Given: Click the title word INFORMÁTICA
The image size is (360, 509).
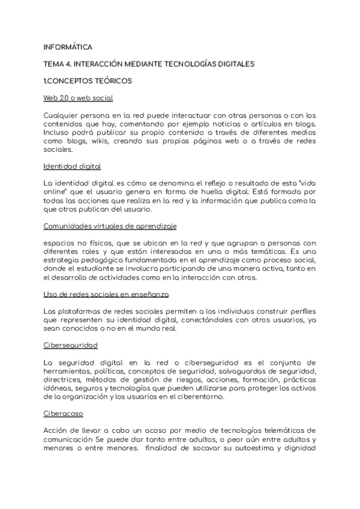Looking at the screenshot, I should click(68, 46).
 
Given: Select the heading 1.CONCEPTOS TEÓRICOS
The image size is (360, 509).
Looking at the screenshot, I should click(88, 80).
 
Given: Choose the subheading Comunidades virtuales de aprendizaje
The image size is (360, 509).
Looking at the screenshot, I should click(110, 226).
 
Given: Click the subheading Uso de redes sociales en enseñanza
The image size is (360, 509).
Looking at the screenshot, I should click(106, 294).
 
